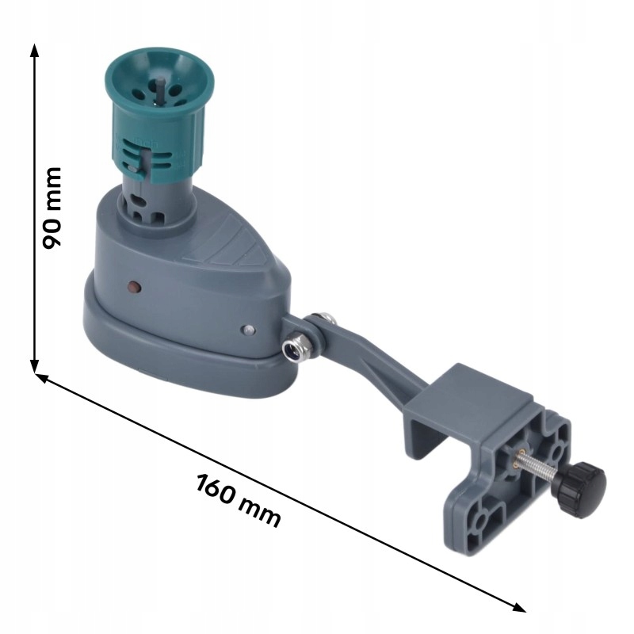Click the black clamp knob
pos(579,490)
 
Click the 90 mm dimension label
pos(52,208)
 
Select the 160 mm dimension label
pos(239,501)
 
